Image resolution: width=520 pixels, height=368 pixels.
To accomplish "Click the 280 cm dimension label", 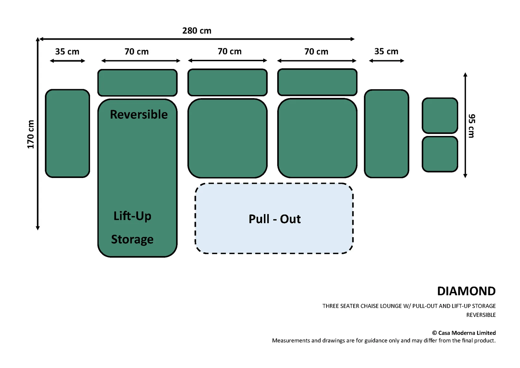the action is pos(197,31).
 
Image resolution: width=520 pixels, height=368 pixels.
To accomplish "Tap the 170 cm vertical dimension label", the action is pos(31,134).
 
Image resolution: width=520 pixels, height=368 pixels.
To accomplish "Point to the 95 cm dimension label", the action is pos(472,126).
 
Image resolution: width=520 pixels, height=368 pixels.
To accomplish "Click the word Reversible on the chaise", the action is pos(138,115).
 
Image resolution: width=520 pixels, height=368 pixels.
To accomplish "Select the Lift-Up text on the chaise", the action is pos(132,216).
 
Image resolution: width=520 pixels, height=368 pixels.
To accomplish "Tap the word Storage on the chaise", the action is pos(132,239).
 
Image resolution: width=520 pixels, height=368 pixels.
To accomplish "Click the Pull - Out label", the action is pos(275,219).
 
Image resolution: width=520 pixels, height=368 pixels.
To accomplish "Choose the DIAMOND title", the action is pos(466,291).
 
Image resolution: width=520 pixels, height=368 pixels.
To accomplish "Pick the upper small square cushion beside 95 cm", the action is pos(440,116).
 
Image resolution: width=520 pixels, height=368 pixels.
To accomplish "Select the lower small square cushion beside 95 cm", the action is pos(440,154).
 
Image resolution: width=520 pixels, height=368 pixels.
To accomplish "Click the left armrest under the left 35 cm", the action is pos(67,133).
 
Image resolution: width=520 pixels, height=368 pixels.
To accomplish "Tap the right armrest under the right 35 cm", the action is pos(386,134).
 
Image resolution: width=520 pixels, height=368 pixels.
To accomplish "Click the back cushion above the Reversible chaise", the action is pos(137,83).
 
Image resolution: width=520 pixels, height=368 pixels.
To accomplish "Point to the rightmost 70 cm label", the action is pos(316,52).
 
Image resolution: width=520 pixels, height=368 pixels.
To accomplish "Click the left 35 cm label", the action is pos(67,52).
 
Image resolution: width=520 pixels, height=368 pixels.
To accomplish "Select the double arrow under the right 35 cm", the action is pos(386,61).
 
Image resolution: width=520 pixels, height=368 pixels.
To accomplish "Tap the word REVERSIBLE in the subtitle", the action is pos(481,315).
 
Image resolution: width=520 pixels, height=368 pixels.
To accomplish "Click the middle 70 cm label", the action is pos(229,51).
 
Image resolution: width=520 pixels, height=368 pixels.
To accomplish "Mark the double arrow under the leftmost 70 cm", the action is pos(141,61).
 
